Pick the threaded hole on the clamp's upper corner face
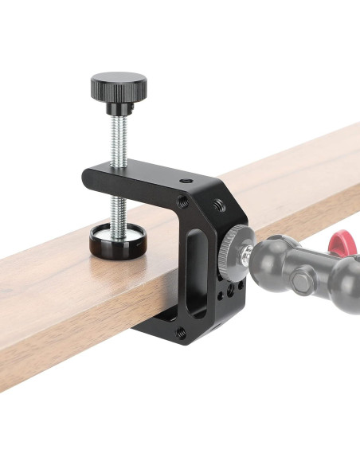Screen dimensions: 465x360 221,206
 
